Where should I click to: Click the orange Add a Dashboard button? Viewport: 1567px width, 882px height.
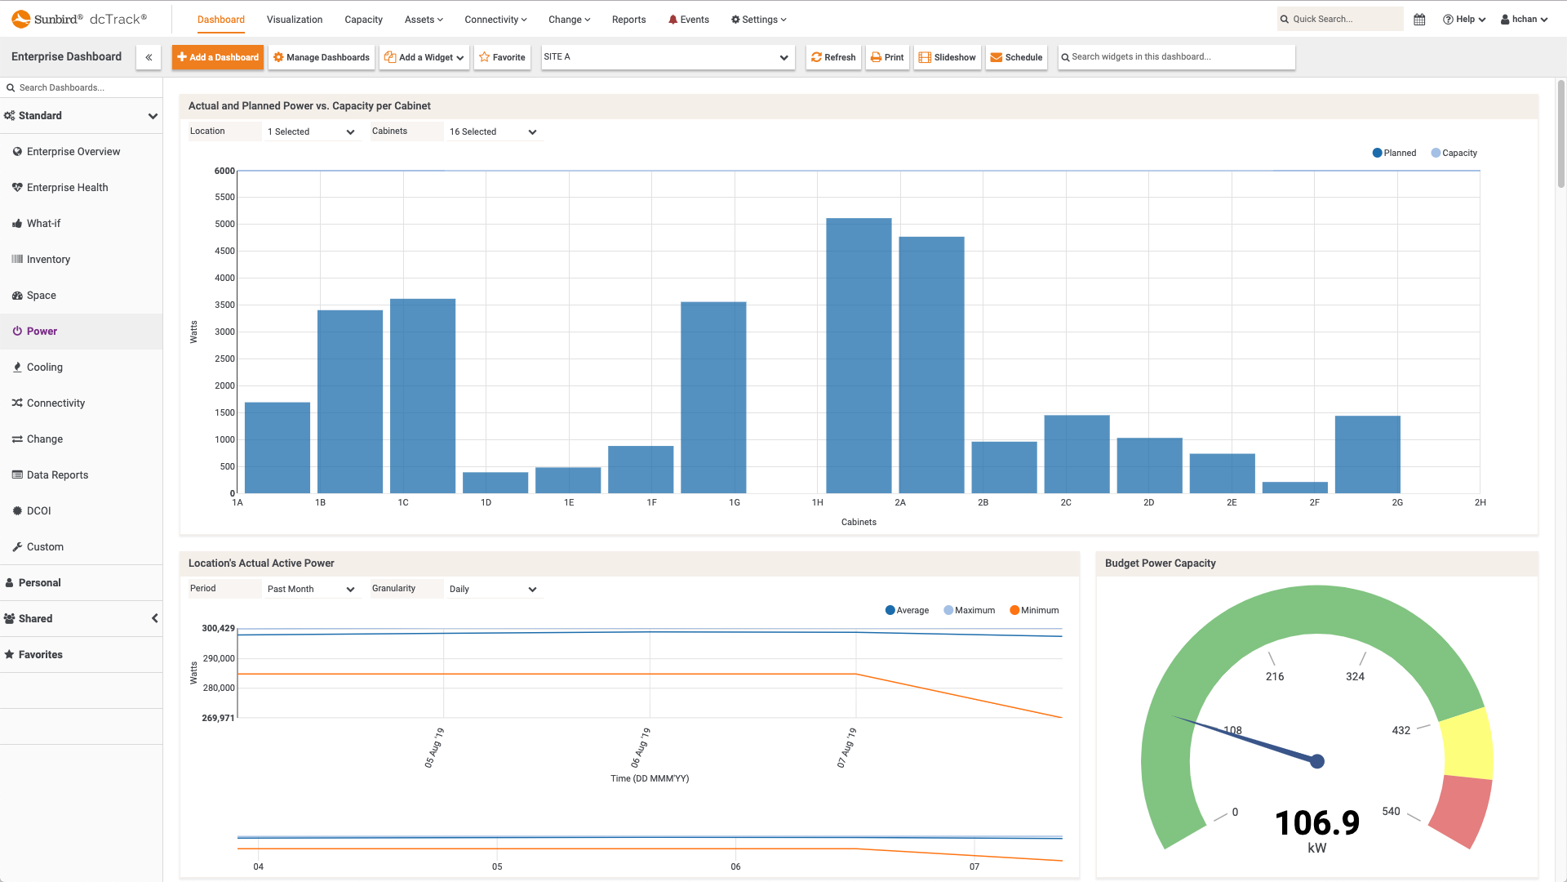click(218, 57)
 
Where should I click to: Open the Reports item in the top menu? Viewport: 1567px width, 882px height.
click(628, 20)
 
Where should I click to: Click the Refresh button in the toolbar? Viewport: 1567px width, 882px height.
click(833, 57)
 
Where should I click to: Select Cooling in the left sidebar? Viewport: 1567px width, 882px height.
click(44, 367)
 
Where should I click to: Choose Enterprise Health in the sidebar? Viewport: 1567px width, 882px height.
click(67, 188)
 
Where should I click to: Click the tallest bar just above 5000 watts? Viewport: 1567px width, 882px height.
click(859, 355)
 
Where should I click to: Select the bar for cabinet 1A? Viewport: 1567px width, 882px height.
click(277, 448)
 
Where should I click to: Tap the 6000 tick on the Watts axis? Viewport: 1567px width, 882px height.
click(224, 171)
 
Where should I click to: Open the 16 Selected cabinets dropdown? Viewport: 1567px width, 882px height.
click(494, 131)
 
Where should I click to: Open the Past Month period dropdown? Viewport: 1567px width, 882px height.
click(311, 589)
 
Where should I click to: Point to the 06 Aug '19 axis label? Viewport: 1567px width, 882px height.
click(641, 747)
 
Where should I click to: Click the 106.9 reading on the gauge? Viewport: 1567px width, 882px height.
click(1316, 822)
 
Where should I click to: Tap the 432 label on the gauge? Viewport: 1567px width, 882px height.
click(1401, 730)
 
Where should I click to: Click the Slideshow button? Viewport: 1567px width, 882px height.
click(948, 57)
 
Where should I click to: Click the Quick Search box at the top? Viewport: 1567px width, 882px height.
click(1343, 19)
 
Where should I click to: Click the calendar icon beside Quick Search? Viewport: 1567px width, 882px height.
click(1419, 20)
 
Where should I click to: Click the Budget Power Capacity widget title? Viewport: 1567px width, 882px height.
click(1160, 563)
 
